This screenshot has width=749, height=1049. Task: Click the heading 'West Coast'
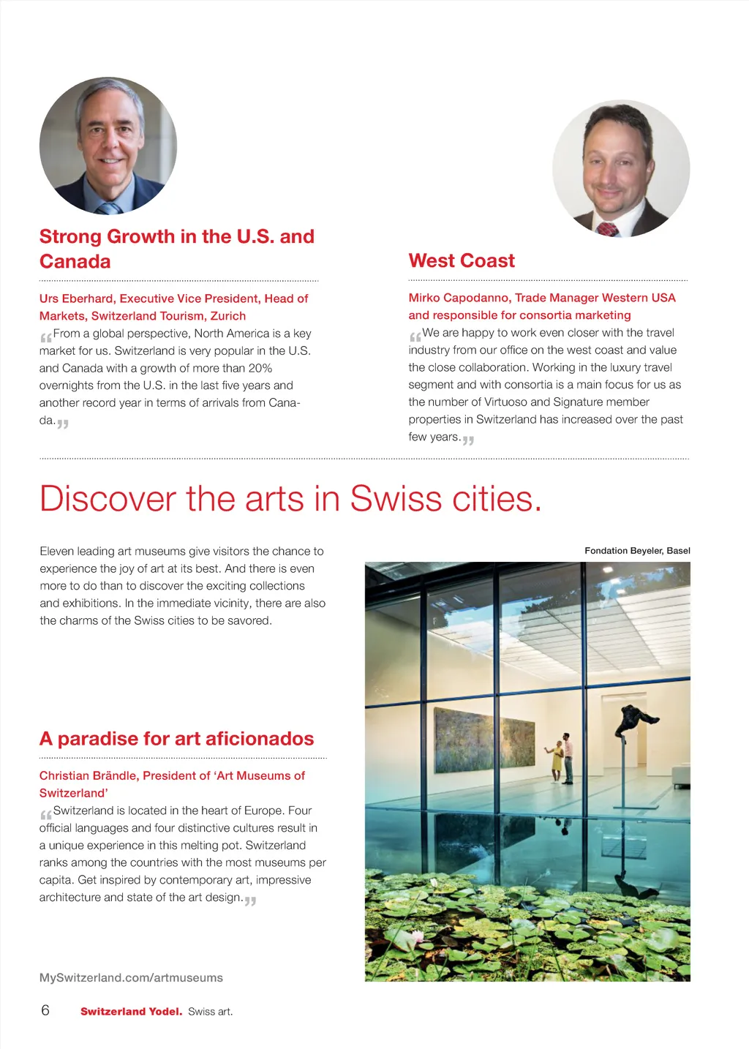[x=462, y=260]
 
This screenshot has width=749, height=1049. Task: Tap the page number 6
[x=45, y=1010]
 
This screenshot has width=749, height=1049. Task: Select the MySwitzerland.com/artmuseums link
[x=131, y=977]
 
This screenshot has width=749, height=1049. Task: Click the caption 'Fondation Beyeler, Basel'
[x=637, y=551]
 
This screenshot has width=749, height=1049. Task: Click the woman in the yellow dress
[x=556, y=760]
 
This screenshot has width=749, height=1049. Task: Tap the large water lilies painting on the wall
[x=483, y=740]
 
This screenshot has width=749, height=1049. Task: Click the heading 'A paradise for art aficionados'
[x=176, y=739]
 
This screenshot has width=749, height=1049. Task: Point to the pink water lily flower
[x=418, y=936]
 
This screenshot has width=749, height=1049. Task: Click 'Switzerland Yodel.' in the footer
[x=131, y=1012]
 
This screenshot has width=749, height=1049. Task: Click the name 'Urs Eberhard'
[x=77, y=298]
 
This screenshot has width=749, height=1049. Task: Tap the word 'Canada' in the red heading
[x=75, y=261]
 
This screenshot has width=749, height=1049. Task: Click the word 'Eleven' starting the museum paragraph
[x=56, y=551]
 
